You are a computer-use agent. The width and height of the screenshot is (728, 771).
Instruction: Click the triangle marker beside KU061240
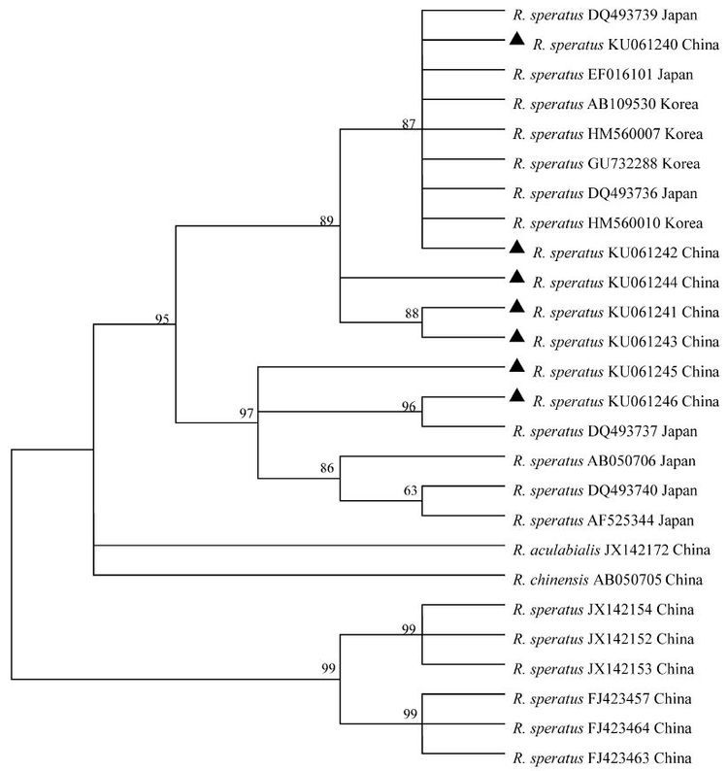pos(517,39)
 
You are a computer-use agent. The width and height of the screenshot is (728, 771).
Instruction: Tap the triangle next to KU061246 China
pos(517,395)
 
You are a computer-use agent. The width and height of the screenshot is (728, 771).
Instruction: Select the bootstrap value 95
pos(162,318)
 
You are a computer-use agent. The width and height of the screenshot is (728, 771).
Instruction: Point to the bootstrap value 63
pos(411,490)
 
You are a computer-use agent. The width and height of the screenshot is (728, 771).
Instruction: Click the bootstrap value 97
pos(247,415)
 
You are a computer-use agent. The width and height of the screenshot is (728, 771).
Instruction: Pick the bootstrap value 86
pos(327,468)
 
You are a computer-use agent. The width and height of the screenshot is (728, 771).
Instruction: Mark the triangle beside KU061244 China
pos(517,277)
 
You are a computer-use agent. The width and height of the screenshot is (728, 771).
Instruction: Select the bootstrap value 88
pos(411,313)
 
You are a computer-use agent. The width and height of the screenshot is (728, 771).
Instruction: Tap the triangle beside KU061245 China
pos(517,365)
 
